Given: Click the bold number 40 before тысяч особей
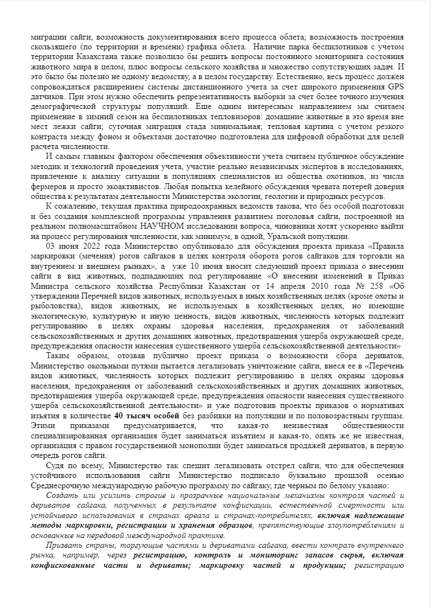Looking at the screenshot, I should [120, 415].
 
